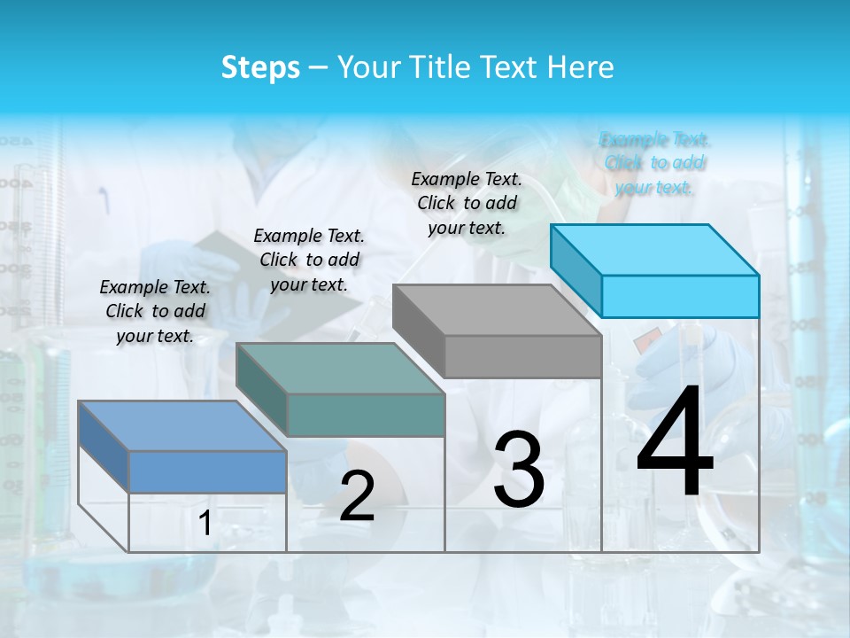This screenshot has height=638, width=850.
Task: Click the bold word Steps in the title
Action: click(260, 67)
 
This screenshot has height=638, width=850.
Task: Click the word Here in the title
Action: click(581, 67)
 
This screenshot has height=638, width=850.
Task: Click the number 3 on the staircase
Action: click(518, 469)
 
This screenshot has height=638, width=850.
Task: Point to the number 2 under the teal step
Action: click(357, 496)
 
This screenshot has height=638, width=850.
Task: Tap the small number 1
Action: click(205, 524)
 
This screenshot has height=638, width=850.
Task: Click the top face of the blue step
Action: click(182, 425)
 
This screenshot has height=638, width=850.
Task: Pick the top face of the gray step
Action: click(497, 310)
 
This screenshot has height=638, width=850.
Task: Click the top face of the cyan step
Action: click(655, 250)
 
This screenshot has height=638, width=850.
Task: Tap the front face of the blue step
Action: click(207, 471)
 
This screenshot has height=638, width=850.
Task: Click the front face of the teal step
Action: click(366, 415)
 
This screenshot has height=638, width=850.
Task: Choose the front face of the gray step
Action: click(522, 356)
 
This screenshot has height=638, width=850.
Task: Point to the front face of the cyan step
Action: click(680, 296)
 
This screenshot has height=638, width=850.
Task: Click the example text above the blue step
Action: click(155, 311)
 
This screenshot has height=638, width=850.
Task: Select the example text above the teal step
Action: click(308, 260)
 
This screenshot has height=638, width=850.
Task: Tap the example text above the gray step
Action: click(467, 203)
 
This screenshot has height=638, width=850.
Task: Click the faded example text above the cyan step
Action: click(654, 163)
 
